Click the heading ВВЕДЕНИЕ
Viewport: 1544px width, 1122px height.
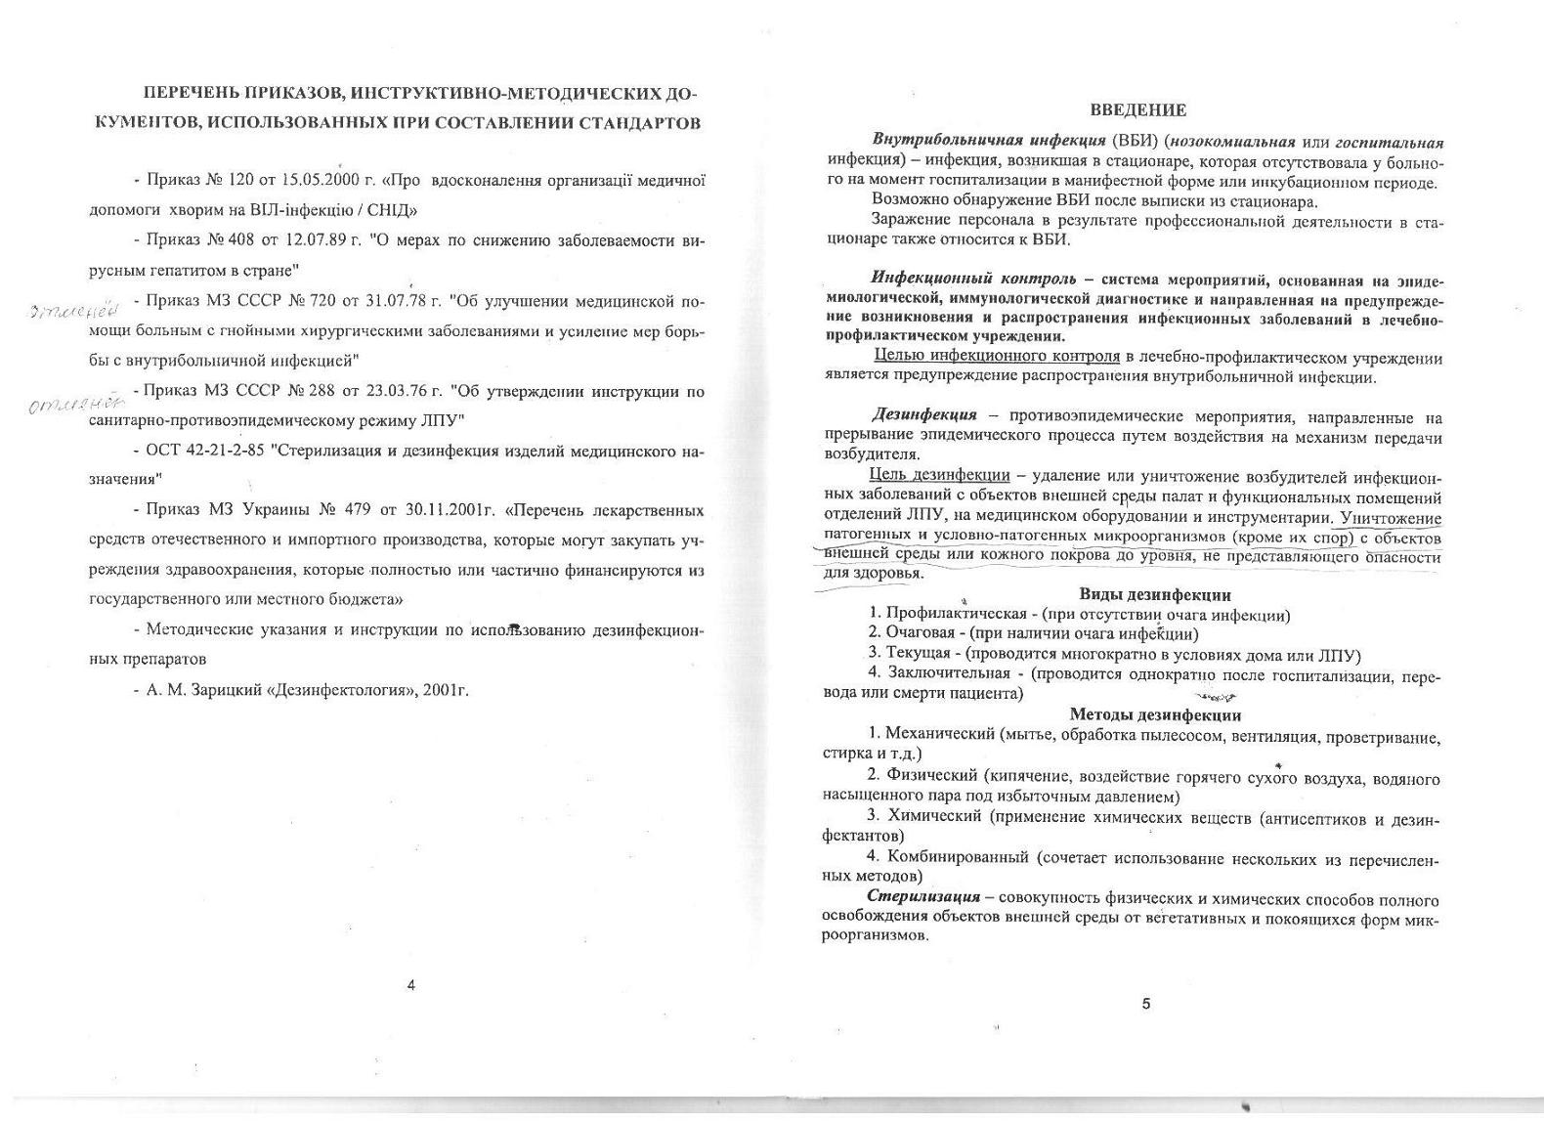pos(1137,110)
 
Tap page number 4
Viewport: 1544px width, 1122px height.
pos(410,985)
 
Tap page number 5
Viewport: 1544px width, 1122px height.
pos(1146,1004)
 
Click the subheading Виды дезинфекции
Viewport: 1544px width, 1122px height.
pos(1154,594)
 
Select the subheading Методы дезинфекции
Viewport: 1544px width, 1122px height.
pos(1154,714)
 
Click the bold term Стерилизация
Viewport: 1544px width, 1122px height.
pos(923,896)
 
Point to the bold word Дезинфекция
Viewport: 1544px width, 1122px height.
pos(923,416)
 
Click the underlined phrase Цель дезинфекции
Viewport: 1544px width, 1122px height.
pos(939,475)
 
